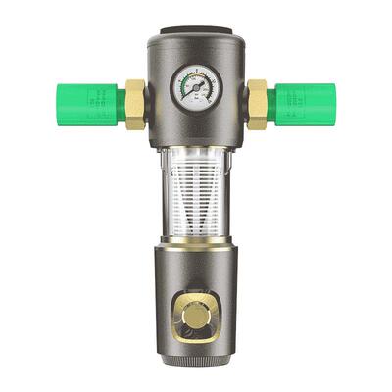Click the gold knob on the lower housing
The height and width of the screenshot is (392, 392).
tap(196, 319)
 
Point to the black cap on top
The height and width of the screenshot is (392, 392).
tap(196, 31)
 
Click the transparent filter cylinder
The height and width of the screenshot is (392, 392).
tap(196, 196)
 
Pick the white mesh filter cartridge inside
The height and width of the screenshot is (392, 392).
tap(196, 201)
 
